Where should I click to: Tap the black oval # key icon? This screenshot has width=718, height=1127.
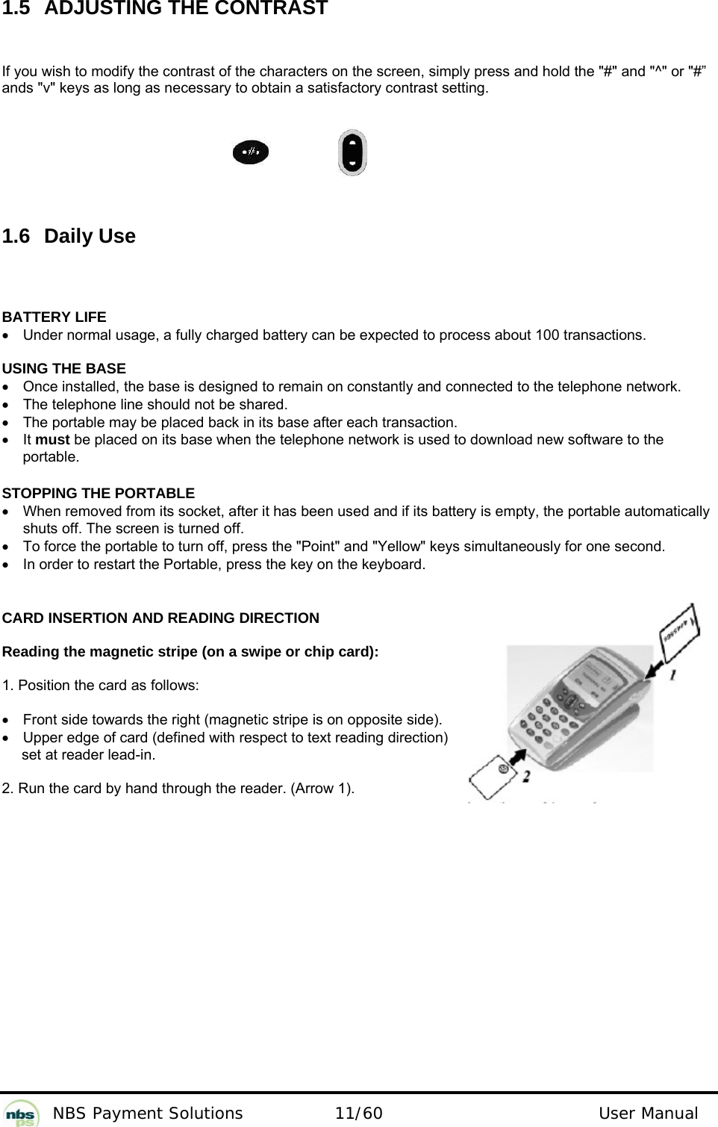(250, 152)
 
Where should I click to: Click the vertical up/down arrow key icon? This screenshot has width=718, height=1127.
(352, 152)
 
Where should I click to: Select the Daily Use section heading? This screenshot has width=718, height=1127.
(90, 236)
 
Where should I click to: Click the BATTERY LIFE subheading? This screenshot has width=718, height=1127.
(54, 317)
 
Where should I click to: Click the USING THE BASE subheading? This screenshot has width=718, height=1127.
(64, 369)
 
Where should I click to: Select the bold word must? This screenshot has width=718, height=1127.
(52, 440)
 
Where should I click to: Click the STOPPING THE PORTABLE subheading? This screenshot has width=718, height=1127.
(99, 494)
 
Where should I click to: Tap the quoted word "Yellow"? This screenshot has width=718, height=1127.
(396, 547)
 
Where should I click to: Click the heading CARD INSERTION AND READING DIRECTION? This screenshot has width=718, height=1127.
(160, 618)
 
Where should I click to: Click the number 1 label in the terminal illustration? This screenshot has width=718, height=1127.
(674, 674)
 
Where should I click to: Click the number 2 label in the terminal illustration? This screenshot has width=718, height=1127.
(526, 777)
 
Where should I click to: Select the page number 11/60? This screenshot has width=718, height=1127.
(359, 1114)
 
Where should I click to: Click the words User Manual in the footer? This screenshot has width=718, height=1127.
(648, 1114)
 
